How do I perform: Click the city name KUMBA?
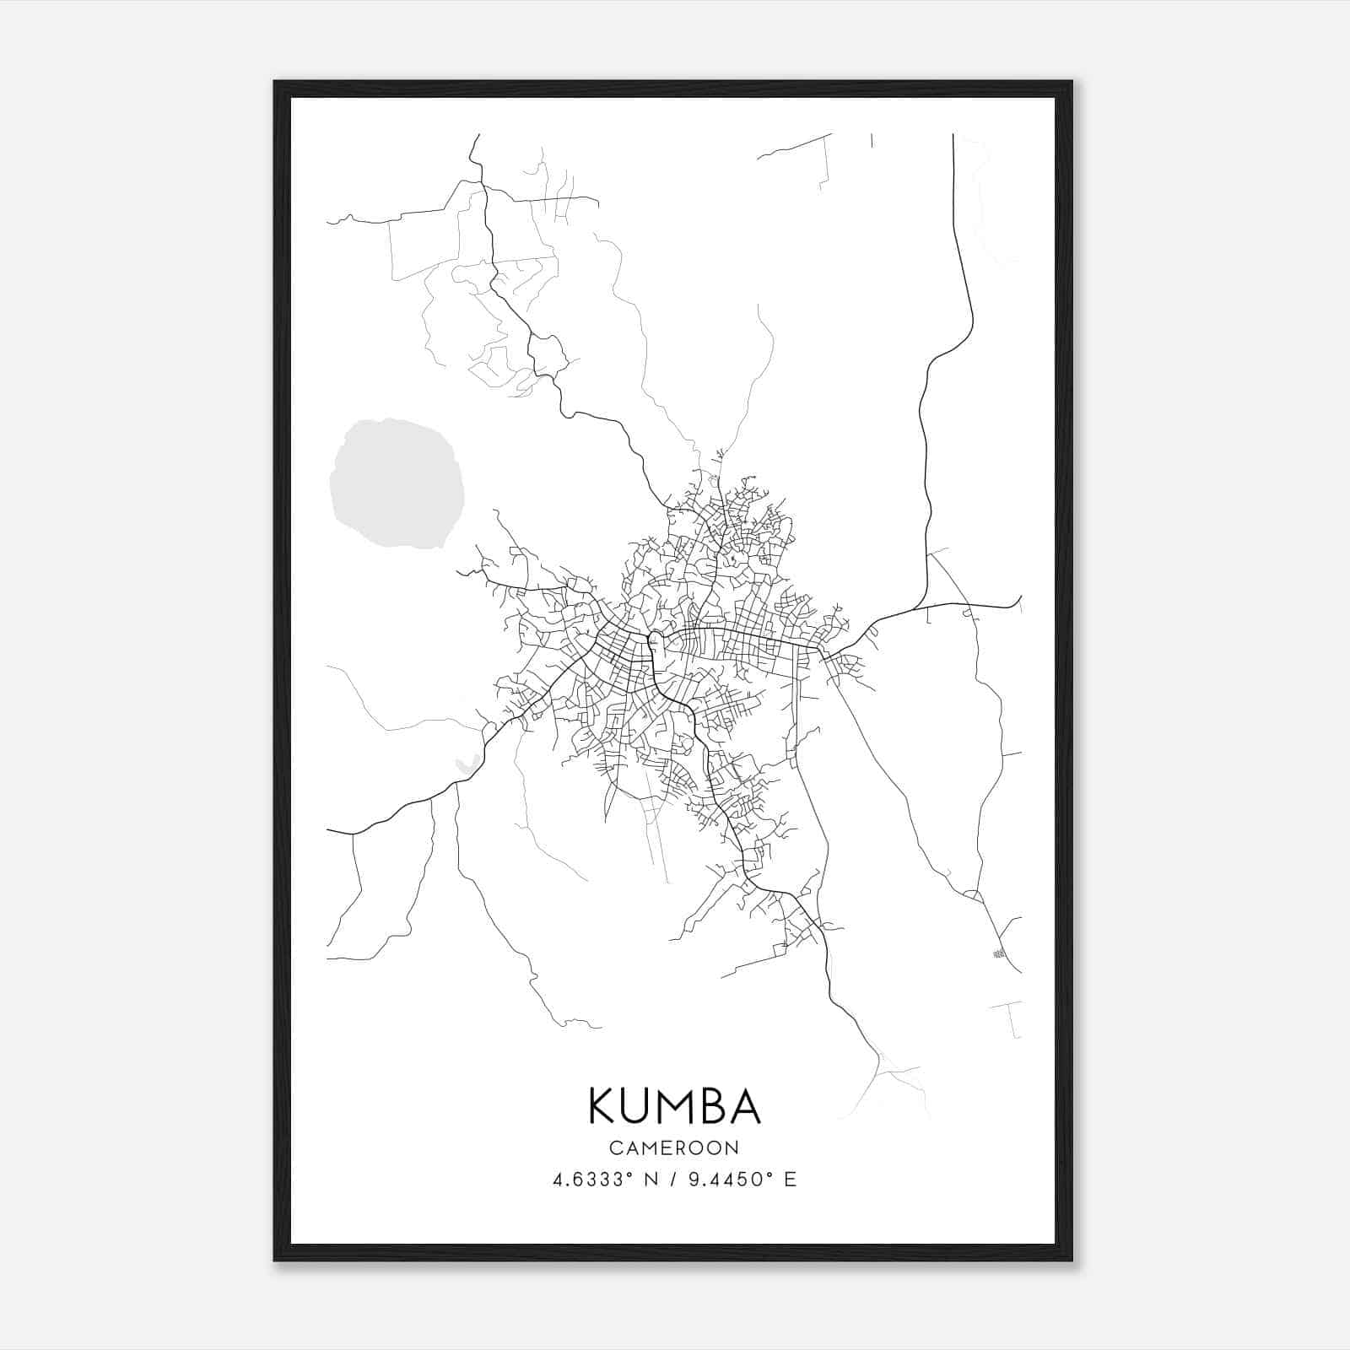(674, 1106)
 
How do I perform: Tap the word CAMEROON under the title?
(674, 1147)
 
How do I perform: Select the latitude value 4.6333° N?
(605, 1180)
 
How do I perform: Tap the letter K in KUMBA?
(603, 1106)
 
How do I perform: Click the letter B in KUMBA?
(715, 1106)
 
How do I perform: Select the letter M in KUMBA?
(675, 1106)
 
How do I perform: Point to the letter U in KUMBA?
(637, 1106)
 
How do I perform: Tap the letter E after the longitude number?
(791, 1180)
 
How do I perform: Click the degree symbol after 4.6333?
(632, 1174)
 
